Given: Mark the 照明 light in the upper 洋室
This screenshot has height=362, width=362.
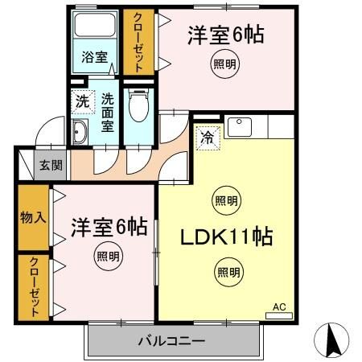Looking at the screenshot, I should pyautogui.click(x=226, y=64).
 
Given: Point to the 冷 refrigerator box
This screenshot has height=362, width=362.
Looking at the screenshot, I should pyautogui.click(x=208, y=138).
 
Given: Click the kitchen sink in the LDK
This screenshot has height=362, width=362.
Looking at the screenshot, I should pyautogui.click(x=239, y=127).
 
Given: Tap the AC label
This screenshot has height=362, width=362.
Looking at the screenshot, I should pyautogui.click(x=279, y=306).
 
